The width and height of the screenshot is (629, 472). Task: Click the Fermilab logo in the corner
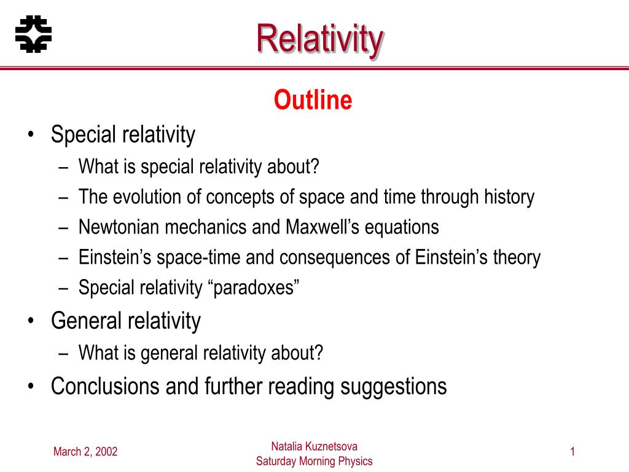click(33, 33)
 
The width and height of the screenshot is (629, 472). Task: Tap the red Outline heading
click(313, 100)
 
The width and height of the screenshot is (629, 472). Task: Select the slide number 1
click(572, 453)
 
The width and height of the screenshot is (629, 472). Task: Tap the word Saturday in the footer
click(276, 462)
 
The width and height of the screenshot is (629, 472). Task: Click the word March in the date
click(66, 453)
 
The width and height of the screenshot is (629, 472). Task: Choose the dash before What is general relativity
click(64, 353)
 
